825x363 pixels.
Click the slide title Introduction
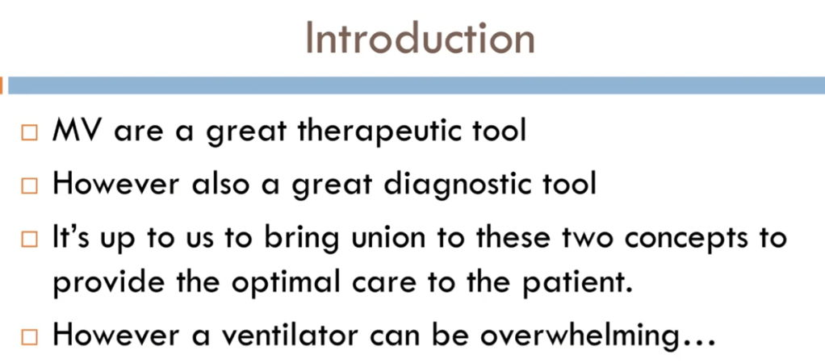[x=420, y=39]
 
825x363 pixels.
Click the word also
[x=214, y=184]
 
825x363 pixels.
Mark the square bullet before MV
[x=30, y=133]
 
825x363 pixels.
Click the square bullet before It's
[x=30, y=240]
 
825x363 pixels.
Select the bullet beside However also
[x=30, y=186]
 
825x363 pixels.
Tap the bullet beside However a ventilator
[x=30, y=337]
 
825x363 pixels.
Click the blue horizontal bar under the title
[x=417, y=86]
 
